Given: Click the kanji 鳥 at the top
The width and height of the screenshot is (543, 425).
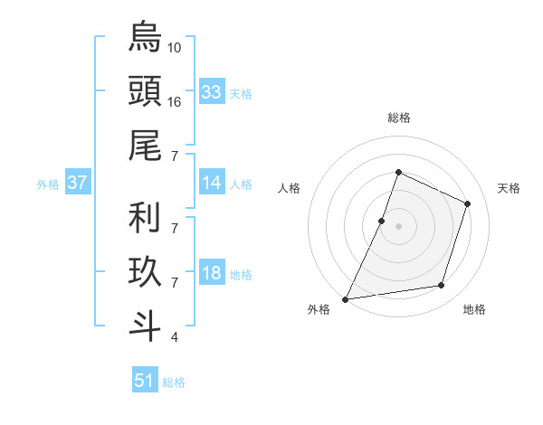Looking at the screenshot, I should tap(145, 38).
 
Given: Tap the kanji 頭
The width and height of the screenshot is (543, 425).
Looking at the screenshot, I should tap(145, 90).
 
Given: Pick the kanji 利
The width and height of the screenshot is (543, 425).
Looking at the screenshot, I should tap(145, 218).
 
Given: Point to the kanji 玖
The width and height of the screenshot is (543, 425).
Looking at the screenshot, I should tap(145, 271).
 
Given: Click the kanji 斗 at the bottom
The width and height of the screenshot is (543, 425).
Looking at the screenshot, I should tap(145, 325).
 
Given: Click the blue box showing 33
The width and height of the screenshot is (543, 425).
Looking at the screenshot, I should tap(212, 92).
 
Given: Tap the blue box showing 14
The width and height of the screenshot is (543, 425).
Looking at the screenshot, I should tap(212, 183).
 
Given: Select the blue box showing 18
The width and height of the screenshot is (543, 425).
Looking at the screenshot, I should tap(212, 273).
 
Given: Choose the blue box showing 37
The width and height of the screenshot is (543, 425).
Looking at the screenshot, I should tap(78, 183).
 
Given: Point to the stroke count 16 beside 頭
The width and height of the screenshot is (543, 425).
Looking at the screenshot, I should tap(175, 101).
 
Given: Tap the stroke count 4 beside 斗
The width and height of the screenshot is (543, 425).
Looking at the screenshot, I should tap(174, 337).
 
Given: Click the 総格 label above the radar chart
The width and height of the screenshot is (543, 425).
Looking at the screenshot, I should tap(398, 118).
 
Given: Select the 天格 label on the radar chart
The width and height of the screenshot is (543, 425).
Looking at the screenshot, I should tap(510, 188).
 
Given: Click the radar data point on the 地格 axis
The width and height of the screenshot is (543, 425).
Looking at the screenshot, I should tap(442, 286).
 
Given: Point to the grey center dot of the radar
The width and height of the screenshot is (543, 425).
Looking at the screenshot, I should tap(398, 226).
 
